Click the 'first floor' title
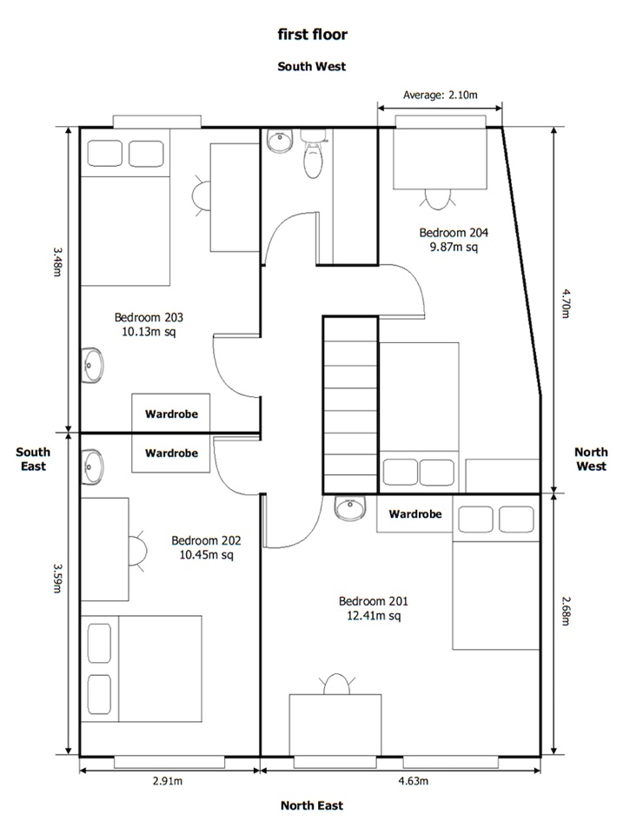click(311, 35)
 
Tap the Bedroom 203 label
click(145, 324)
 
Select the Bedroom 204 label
click(454, 240)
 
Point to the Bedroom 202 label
click(206, 546)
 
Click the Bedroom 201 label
click(373, 608)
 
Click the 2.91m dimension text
click(168, 781)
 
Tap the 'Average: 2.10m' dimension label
click(439, 95)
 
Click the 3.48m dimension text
click(56, 261)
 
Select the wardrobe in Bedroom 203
click(171, 414)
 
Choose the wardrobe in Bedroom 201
click(414, 514)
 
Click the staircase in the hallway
click(350, 405)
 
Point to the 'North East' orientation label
click(311, 805)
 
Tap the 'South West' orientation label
click(311, 66)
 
